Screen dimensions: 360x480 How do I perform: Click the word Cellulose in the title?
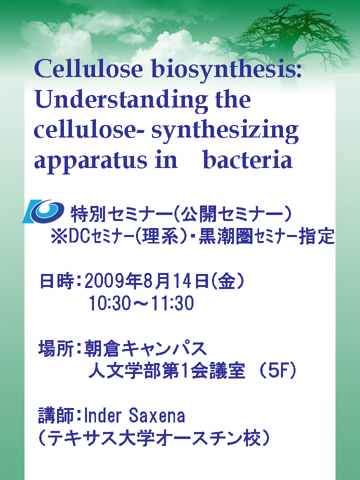click(x=88, y=69)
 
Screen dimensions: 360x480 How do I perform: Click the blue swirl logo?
click(x=43, y=211)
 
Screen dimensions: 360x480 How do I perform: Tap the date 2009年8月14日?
click(x=146, y=281)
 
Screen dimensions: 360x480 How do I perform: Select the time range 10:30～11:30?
click(x=141, y=303)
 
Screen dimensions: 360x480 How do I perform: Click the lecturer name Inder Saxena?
click(x=134, y=415)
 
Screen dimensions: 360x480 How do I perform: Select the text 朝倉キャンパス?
click(x=145, y=348)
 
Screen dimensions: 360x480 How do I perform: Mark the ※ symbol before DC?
click(x=59, y=236)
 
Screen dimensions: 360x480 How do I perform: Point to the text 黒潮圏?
click(x=226, y=236)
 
